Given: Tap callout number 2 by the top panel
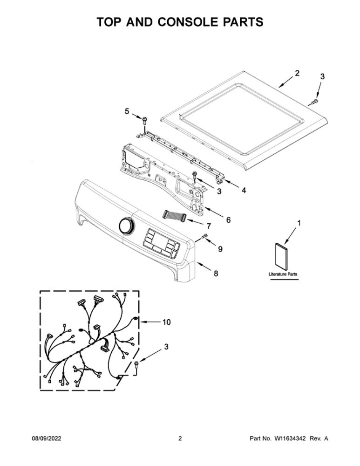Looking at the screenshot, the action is click(x=297, y=73).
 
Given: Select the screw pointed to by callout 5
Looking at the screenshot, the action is click(x=145, y=120).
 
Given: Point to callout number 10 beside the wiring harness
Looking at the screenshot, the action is click(x=166, y=322).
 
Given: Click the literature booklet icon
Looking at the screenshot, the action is click(x=281, y=256).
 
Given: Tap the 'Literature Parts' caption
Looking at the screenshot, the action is click(x=283, y=274).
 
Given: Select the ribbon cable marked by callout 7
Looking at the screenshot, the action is click(x=174, y=215).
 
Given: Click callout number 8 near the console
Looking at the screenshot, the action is click(x=216, y=273).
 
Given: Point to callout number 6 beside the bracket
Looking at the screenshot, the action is click(x=228, y=220).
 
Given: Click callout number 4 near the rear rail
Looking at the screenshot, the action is click(x=244, y=191).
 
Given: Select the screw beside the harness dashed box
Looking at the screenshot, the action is click(x=136, y=365).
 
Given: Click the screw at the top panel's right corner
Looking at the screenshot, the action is click(x=313, y=102).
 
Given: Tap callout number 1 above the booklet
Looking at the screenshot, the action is click(x=299, y=223).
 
